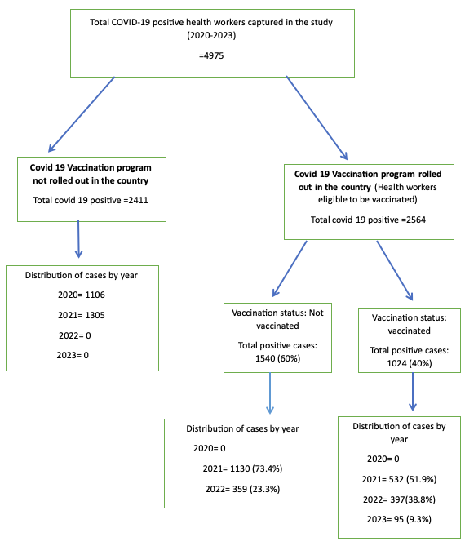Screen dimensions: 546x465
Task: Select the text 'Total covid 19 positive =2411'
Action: click(x=91, y=201)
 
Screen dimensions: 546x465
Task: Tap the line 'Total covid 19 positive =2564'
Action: click(x=369, y=220)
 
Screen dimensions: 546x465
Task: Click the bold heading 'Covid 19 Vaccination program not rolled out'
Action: click(x=91, y=173)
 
